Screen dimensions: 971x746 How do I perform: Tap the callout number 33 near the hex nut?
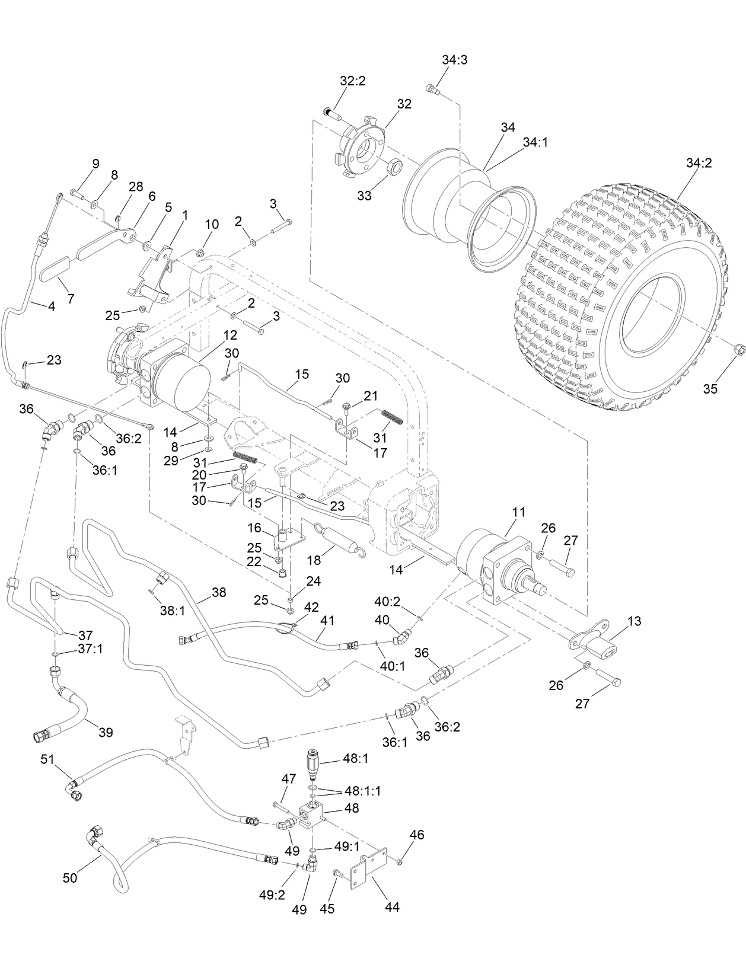tap(364, 195)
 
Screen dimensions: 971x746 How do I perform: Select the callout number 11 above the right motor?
tap(518, 512)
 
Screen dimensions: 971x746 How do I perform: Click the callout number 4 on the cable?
tap(52, 307)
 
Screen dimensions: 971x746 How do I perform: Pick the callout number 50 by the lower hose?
tap(70, 877)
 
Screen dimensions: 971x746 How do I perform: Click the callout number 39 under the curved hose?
tap(106, 732)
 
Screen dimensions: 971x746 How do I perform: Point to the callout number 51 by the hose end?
tap(47, 759)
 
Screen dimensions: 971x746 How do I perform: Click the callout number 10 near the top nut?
tap(212, 225)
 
